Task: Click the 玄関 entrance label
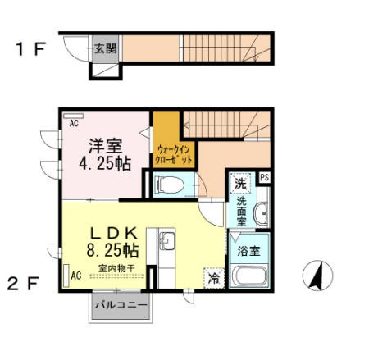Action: (106, 48)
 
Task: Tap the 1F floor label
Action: (30, 49)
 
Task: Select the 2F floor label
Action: (23, 284)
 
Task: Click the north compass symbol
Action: (318, 276)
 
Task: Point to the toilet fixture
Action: (169, 185)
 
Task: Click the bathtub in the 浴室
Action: (249, 276)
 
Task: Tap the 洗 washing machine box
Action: (240, 184)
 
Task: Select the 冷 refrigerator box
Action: (214, 278)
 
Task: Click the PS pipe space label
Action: (264, 177)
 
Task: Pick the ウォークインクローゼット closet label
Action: (174, 155)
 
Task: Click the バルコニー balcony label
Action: (121, 305)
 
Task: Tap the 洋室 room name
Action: (105, 147)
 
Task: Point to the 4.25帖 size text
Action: (105, 164)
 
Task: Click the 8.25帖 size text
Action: (112, 250)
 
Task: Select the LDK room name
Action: (113, 234)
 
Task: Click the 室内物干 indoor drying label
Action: (116, 268)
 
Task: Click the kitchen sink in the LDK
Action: (167, 241)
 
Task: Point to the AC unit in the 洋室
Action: (74, 116)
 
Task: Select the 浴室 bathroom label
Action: (248, 251)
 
